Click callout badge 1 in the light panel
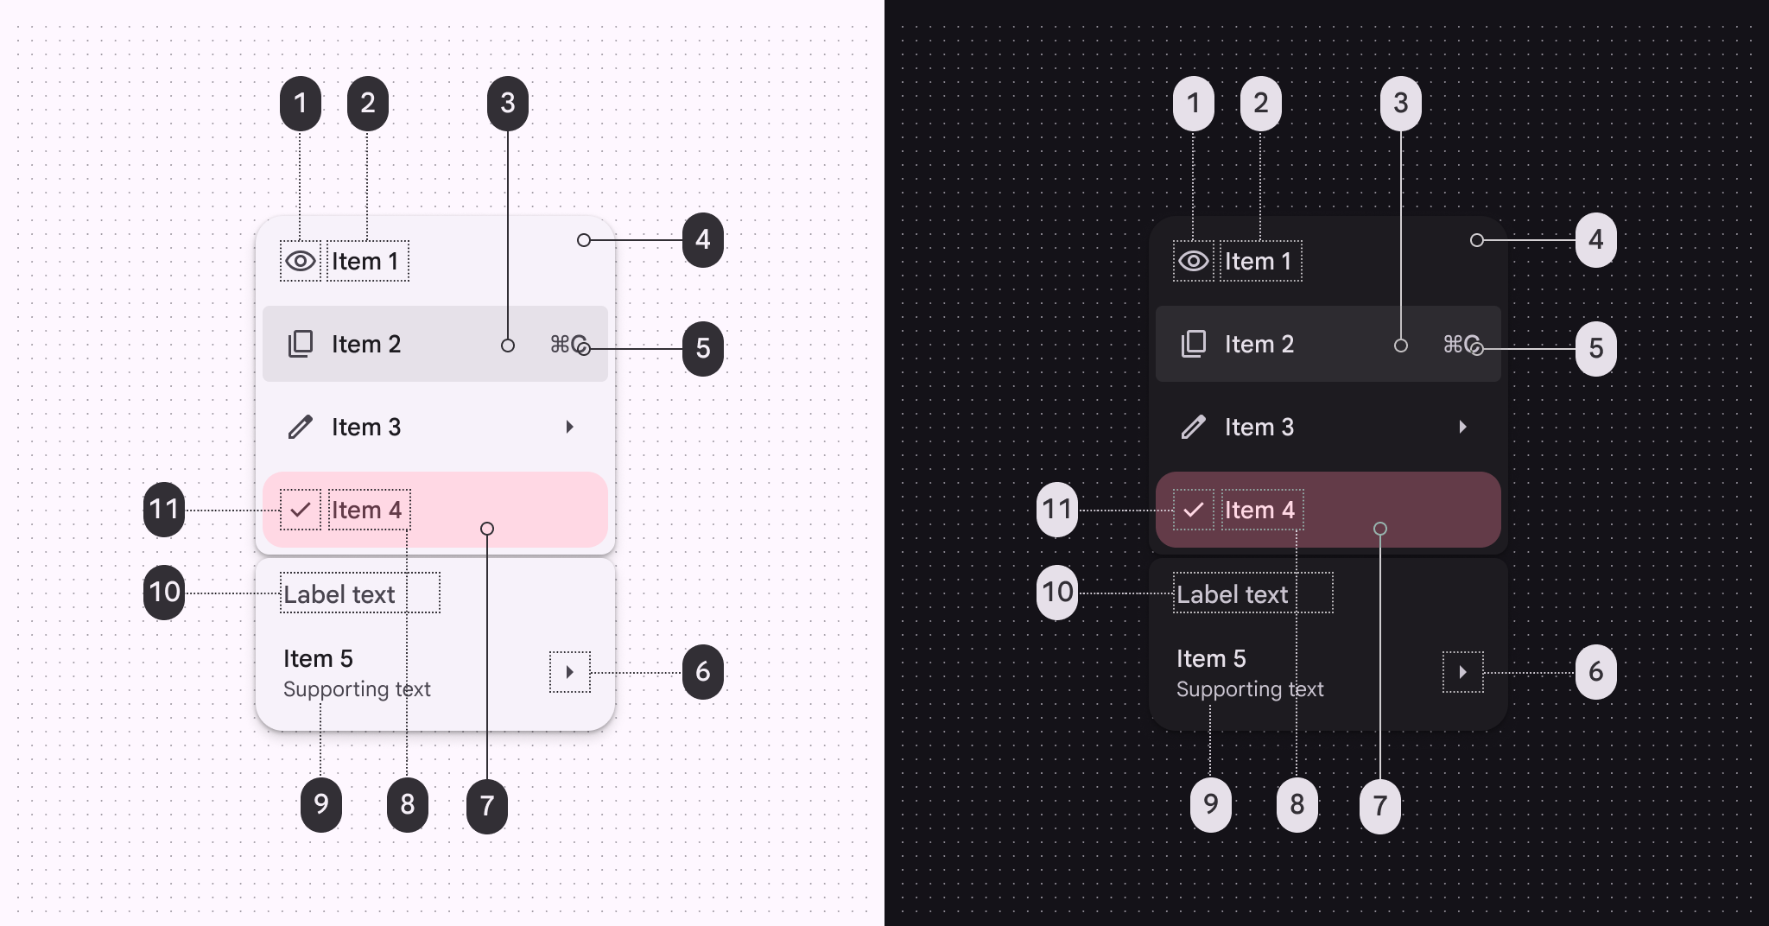tap(300, 104)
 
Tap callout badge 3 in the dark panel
tap(1400, 104)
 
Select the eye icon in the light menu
tap(300, 261)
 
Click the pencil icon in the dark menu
tap(1193, 427)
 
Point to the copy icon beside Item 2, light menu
tap(300, 344)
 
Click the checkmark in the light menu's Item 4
tap(300, 510)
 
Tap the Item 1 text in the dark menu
tap(1258, 261)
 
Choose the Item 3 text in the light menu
tap(366, 427)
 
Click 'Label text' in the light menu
tap(339, 594)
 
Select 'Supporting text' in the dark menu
tap(1249, 689)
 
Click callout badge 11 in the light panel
tap(164, 510)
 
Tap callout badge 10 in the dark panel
tap(1057, 593)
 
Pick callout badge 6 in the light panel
tap(702, 672)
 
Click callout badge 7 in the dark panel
tap(1379, 805)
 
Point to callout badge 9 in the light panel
tap(320, 804)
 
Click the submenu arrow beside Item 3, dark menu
tap(1462, 427)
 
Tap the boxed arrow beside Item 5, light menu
tap(569, 672)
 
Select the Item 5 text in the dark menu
tap(1211, 658)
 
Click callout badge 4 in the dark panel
tap(1595, 240)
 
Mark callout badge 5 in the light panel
tap(702, 348)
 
